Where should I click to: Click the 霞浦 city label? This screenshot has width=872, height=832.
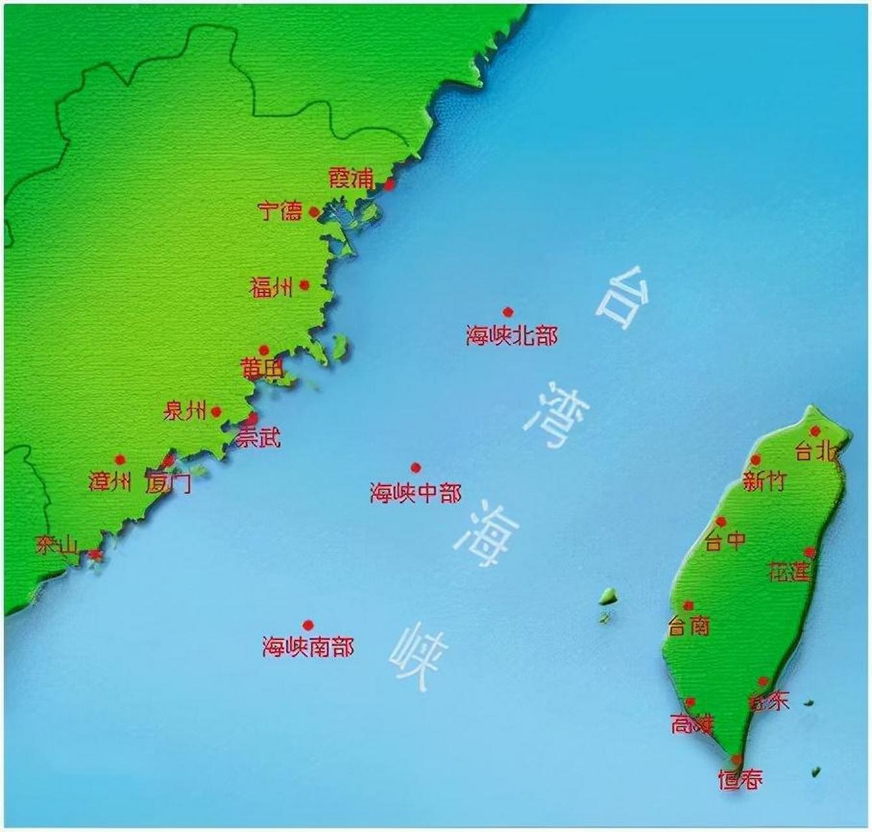tap(352, 177)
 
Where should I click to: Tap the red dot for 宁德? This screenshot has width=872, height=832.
tap(314, 212)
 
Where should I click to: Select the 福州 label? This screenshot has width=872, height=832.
tap(271, 287)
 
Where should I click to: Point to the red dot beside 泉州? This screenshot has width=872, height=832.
tap(216, 411)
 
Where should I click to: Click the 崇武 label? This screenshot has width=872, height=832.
tap(258, 438)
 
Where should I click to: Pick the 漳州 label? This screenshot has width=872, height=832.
tap(109, 482)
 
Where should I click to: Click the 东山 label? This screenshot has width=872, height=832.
tap(57, 545)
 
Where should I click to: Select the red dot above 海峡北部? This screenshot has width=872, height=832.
tap(507, 312)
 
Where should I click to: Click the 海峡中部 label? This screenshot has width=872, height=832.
tap(416, 493)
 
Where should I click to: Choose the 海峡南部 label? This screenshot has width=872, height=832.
tap(308, 647)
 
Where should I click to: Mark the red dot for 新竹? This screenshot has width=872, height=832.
tap(755, 460)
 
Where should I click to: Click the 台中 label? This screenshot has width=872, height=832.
tap(725, 540)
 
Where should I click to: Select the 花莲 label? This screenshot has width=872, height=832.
tap(789, 572)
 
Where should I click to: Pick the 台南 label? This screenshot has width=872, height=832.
tap(689, 626)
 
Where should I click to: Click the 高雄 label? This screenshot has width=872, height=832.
tap(691, 724)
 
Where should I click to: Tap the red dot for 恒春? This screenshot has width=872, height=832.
tap(736, 759)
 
